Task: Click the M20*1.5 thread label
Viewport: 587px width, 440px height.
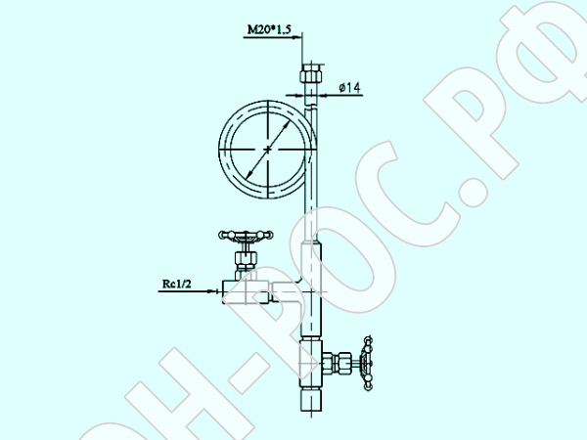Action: point(269,29)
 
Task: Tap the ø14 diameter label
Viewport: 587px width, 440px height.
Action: point(349,88)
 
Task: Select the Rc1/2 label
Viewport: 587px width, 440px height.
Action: point(177,284)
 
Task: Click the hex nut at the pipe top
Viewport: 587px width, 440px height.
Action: point(311,74)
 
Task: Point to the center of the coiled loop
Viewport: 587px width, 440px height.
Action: point(268,150)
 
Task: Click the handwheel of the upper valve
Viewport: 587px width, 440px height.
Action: point(246,236)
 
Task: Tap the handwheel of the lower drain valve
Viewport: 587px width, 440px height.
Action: point(367,363)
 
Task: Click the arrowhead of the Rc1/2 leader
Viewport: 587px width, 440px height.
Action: point(212,291)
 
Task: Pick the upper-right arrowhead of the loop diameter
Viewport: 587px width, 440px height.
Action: point(287,125)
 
